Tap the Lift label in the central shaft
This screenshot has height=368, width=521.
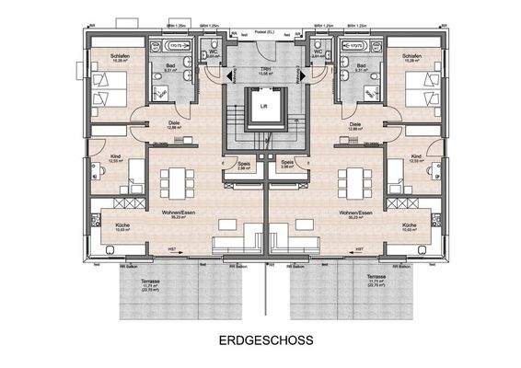click(262, 106)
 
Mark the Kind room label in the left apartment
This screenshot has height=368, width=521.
click(115, 156)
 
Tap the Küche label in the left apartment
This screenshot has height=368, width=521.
click(122, 224)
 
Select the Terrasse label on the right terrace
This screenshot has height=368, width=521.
click(376, 277)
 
